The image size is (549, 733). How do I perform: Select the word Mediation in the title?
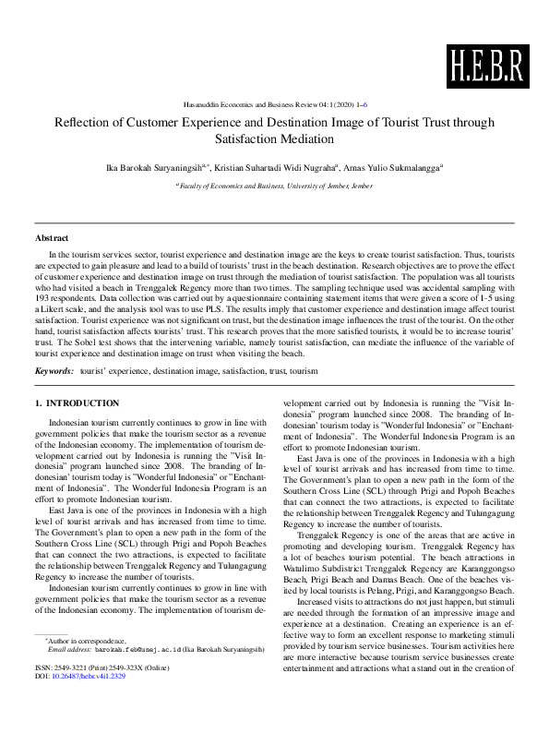(x=303, y=139)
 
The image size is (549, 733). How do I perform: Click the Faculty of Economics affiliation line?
(x=274, y=186)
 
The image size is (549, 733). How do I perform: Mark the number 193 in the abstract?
(x=42, y=300)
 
